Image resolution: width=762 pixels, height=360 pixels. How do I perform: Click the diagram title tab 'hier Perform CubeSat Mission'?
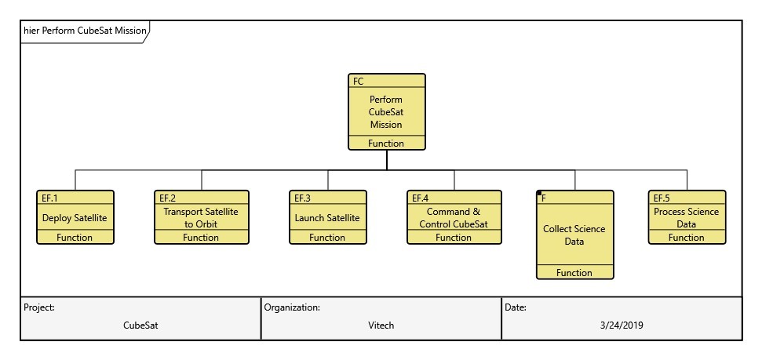tap(85, 31)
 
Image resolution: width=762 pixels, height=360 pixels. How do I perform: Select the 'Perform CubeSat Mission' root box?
tap(386, 112)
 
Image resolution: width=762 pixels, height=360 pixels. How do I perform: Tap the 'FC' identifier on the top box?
tap(359, 82)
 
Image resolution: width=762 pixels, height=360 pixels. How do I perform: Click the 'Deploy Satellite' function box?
tap(75, 218)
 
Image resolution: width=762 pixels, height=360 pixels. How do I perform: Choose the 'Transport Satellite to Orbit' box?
tap(200, 218)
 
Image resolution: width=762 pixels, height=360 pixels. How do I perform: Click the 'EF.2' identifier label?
tap(168, 198)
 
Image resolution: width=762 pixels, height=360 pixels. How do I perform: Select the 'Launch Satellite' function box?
tap(327, 218)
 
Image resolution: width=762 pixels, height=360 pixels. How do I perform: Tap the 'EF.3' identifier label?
tap(302, 198)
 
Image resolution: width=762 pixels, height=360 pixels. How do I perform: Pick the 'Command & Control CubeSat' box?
tap(454, 218)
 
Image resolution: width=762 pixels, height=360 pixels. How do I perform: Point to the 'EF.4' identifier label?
tap(420, 198)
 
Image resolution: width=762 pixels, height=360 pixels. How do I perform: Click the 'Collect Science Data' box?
tap(574, 235)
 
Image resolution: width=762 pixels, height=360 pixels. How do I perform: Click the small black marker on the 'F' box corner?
tap(539, 194)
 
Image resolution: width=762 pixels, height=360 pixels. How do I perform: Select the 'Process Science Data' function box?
tap(686, 218)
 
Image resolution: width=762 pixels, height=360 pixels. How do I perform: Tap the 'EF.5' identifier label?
tap(662, 198)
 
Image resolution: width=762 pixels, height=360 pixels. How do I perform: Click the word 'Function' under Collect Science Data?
tap(574, 273)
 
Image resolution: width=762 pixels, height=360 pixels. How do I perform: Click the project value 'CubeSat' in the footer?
tap(141, 325)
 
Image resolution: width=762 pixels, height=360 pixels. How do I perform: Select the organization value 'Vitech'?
tap(381, 325)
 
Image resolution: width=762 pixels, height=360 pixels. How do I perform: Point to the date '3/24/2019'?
tap(621, 325)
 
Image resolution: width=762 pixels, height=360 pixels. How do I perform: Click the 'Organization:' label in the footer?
tap(292, 307)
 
